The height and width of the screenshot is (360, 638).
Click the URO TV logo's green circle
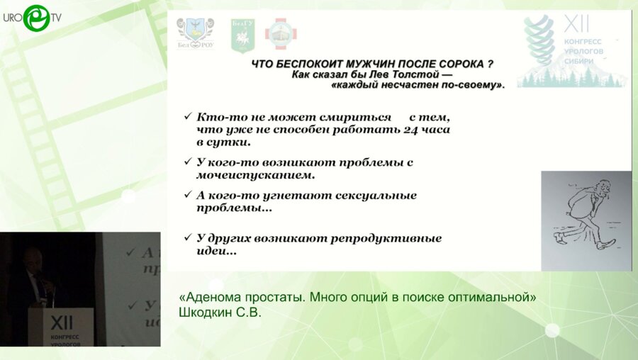(x=35, y=18)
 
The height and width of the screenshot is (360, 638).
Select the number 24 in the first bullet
(x=413, y=130)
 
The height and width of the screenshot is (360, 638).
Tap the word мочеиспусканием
(x=256, y=174)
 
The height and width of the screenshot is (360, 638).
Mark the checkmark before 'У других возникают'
(x=187, y=238)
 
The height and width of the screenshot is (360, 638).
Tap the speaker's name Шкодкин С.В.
(x=220, y=313)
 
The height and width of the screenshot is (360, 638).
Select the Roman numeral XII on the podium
(x=61, y=322)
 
